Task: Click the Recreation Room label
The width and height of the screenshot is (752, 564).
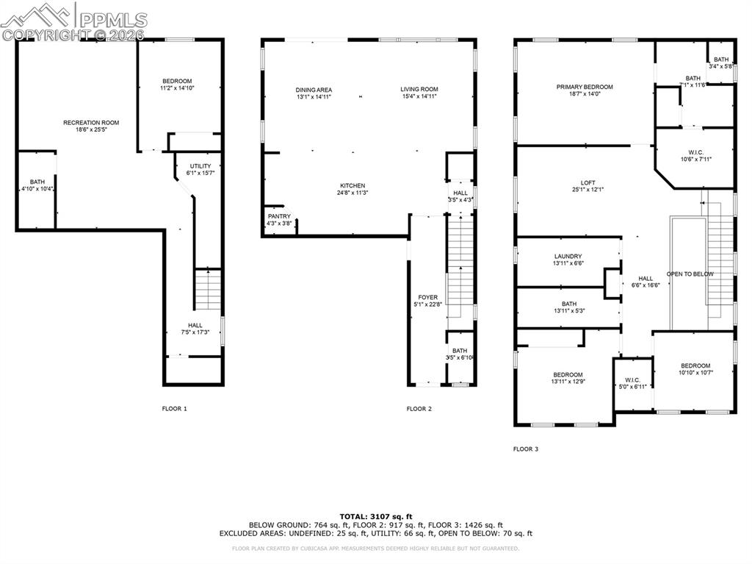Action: click(x=91, y=123)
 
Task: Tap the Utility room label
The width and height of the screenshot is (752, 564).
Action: click(x=200, y=166)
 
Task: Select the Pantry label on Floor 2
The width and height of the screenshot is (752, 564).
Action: click(x=279, y=216)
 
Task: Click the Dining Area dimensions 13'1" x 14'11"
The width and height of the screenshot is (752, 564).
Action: click(x=314, y=97)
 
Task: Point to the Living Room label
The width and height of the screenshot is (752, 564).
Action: click(x=419, y=90)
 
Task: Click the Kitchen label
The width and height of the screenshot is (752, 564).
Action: click(x=352, y=186)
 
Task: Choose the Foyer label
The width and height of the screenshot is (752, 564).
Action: click(x=429, y=297)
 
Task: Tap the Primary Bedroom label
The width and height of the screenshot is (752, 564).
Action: click(x=584, y=87)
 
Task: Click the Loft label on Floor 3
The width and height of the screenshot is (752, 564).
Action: click(x=587, y=182)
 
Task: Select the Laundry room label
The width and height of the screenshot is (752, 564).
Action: click(x=568, y=257)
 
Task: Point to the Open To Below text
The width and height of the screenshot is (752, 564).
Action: click(x=690, y=274)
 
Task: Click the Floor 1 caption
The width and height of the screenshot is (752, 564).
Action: click(x=175, y=408)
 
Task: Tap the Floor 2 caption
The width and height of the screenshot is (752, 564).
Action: click(x=419, y=408)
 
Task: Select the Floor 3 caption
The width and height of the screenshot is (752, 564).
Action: click(x=525, y=449)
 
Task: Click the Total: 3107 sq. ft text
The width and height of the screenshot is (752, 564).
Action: click(x=375, y=515)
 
